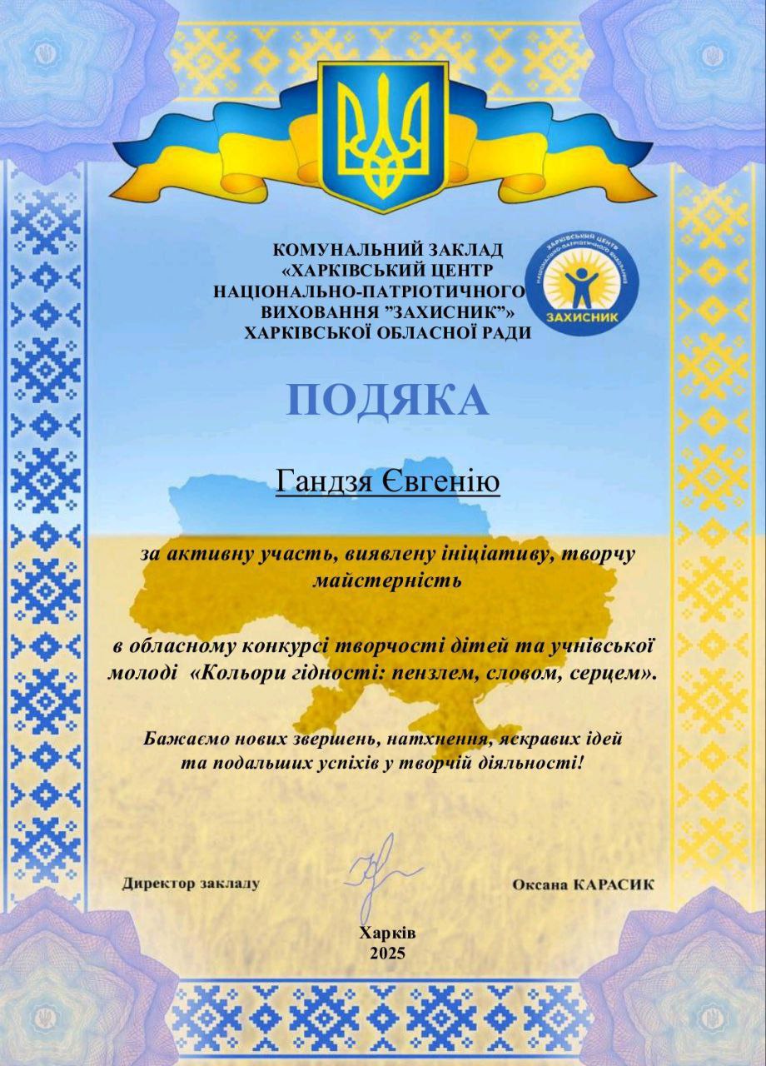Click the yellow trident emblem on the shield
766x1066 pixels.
point(384,134)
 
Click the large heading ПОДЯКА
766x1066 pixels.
point(387,401)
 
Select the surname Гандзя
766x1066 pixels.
point(325,481)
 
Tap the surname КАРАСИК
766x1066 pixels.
point(614,884)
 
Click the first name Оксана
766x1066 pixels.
point(540,884)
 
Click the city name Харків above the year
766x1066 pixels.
point(388,934)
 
